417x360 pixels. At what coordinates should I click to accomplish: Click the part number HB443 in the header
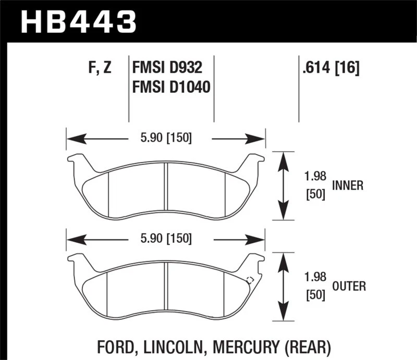[x=78, y=21]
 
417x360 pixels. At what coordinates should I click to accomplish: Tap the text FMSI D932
[x=166, y=68]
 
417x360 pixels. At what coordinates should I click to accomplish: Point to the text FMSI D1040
[x=171, y=87]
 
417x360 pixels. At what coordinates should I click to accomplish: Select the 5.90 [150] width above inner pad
[x=166, y=138]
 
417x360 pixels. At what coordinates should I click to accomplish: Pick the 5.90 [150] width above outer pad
[x=166, y=239]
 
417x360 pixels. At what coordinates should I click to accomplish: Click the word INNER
[x=347, y=185]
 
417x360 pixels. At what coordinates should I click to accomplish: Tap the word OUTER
[x=349, y=286]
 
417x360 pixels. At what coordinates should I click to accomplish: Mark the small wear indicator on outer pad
[x=250, y=279]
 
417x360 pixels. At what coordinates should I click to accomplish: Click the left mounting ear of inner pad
[x=77, y=161]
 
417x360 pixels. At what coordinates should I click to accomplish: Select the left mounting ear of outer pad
[x=77, y=262]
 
